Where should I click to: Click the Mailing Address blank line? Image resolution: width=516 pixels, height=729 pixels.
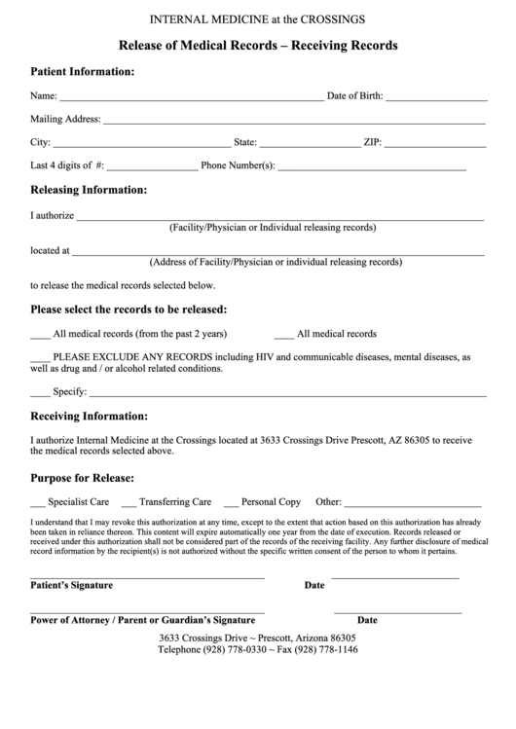(x=294, y=123)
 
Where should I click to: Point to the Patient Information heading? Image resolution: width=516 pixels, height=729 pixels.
(x=83, y=72)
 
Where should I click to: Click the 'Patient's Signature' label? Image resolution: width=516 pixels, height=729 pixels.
(x=72, y=586)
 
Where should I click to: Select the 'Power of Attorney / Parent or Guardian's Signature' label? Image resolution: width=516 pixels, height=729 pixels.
(x=142, y=619)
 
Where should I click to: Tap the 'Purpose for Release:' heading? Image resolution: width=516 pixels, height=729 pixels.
(x=83, y=478)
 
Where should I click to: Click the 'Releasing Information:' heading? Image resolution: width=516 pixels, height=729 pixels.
(x=90, y=190)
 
